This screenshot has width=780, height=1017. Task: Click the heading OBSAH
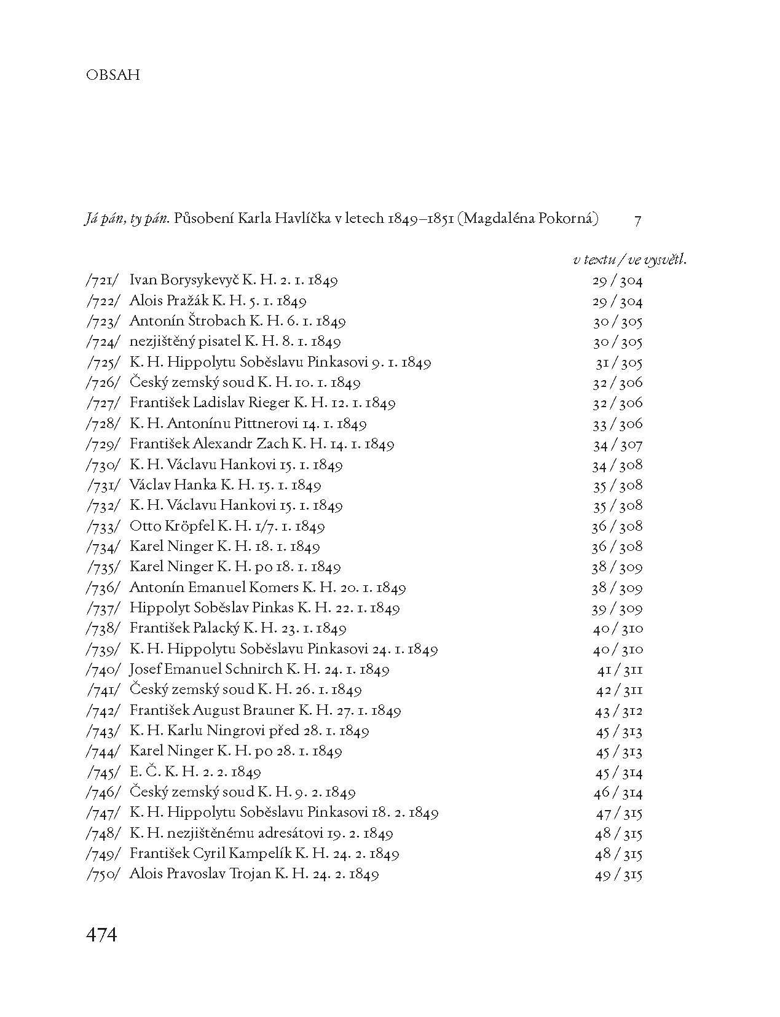point(112,75)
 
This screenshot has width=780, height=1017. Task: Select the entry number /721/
point(102,281)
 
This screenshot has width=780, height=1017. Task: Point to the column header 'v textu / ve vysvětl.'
point(629,260)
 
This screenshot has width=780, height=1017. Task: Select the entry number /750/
point(102,875)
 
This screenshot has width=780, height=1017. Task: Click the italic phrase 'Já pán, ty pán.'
point(127,219)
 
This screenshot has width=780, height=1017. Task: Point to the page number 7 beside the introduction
point(637,220)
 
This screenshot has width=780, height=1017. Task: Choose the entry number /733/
point(102,526)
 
